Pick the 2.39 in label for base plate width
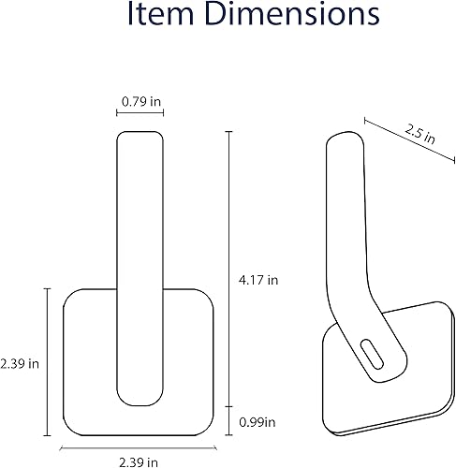point(138,459)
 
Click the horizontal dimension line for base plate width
point(138,446)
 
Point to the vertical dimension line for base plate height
point(48,360)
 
